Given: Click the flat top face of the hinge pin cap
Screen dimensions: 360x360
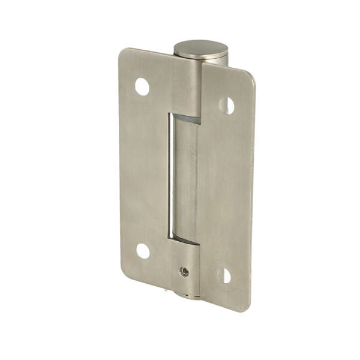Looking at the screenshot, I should point(200,47).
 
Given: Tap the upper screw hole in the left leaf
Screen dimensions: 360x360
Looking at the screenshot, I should point(142,87).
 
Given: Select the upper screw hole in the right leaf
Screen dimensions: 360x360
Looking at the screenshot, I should point(226,106).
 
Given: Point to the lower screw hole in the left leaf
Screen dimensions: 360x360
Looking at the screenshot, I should point(143,251).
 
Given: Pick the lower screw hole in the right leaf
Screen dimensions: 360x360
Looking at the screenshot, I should point(224,275).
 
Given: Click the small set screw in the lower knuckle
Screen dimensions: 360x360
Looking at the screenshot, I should point(185,271).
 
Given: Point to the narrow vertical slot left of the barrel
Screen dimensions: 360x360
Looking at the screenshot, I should point(170,177).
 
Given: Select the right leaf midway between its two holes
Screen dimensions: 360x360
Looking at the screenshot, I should point(225,191).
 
